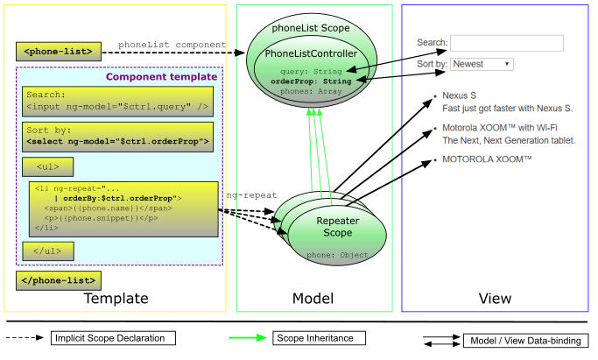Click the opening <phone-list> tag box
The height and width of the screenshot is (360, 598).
click(x=53, y=52)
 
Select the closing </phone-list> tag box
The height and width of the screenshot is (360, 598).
click(x=57, y=280)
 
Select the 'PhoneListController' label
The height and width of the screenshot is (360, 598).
click(x=312, y=55)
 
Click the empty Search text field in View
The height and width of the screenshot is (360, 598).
click(x=506, y=43)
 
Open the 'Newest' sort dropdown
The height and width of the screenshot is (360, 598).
click(x=482, y=64)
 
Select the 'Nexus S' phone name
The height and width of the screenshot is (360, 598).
click(x=459, y=95)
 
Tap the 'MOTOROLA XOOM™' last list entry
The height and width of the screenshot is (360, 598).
click(x=487, y=161)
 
